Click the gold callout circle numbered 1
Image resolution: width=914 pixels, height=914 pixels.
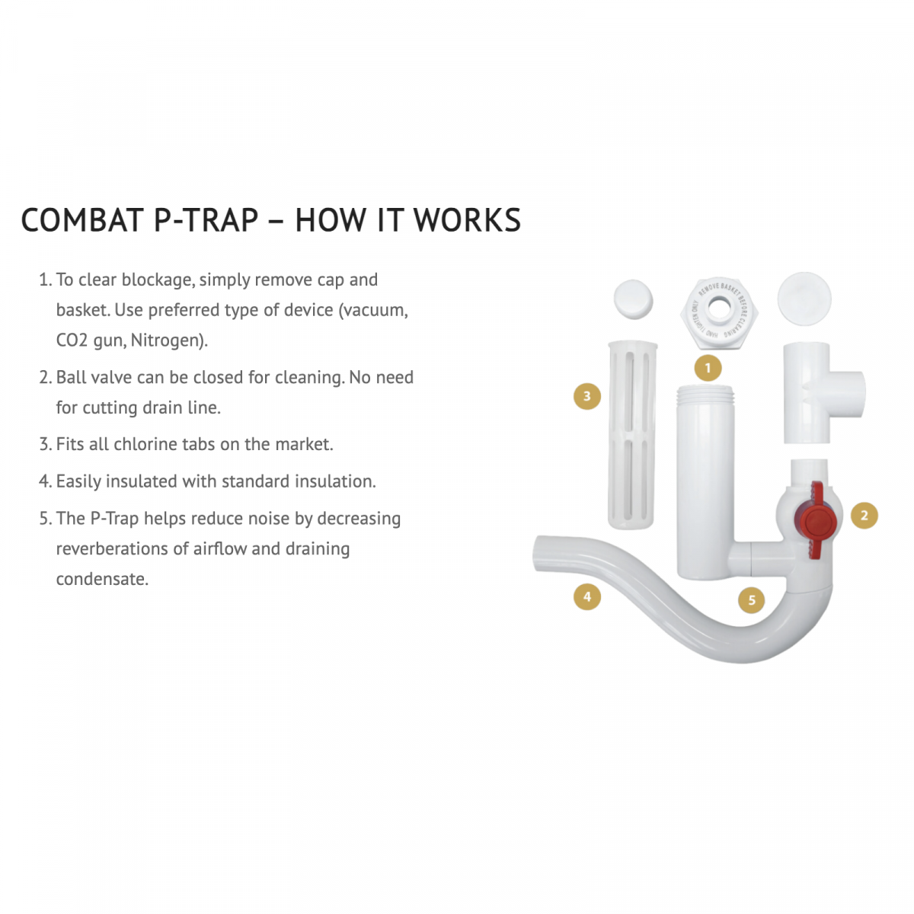coord(708,369)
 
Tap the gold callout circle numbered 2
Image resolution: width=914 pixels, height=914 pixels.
coord(864,516)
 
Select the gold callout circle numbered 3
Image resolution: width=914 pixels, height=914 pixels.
coord(586,396)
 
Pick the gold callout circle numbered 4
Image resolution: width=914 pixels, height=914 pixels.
coord(586,597)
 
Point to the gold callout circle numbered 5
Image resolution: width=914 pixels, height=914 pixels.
coord(752,600)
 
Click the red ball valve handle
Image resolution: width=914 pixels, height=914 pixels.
coord(816,522)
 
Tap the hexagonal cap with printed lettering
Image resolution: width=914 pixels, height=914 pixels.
coord(717,309)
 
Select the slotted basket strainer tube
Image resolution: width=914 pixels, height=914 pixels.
coord(632,436)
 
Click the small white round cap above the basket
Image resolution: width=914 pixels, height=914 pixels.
coord(633,298)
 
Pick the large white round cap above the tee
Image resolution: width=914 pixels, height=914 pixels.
coord(804,298)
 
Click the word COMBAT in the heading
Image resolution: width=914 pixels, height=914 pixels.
coord(83,220)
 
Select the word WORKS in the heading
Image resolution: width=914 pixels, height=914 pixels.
coord(467,220)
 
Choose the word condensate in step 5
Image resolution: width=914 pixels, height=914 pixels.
coord(102,579)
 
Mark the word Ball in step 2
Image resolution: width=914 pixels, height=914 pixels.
coord(71,377)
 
